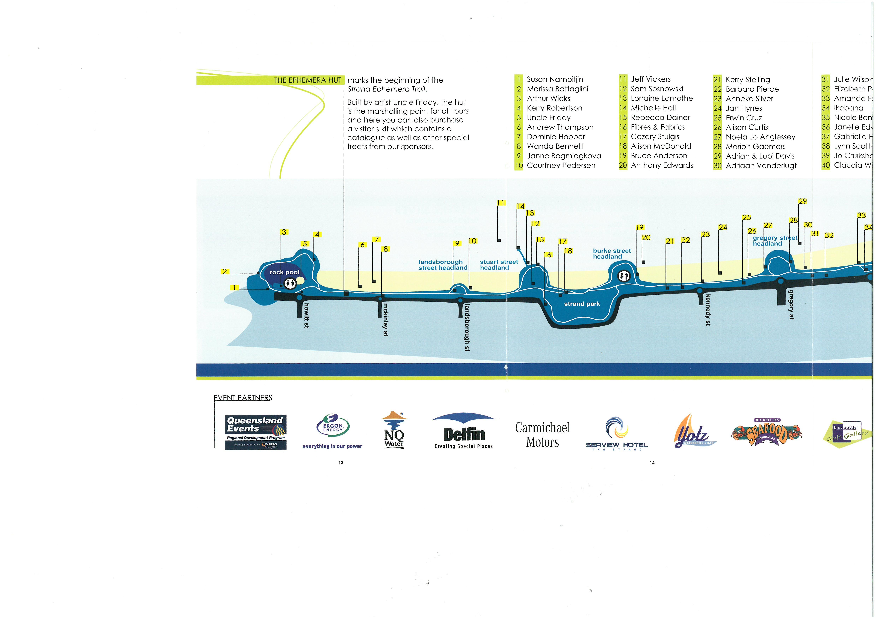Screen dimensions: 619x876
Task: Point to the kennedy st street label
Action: tap(708, 310)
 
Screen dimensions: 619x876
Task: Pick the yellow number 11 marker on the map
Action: tap(501, 203)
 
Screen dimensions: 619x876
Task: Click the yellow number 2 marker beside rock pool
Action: tap(225, 271)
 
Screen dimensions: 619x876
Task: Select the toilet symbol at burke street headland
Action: tap(624, 276)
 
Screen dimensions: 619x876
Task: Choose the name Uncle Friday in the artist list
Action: tap(549, 118)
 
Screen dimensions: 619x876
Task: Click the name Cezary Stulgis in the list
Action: tap(655, 137)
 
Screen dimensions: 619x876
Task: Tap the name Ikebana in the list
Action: tap(848, 108)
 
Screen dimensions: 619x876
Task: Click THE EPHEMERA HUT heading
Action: tap(307, 80)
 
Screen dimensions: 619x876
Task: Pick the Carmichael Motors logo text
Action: tap(542, 435)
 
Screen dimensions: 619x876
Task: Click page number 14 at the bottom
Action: tap(652, 463)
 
